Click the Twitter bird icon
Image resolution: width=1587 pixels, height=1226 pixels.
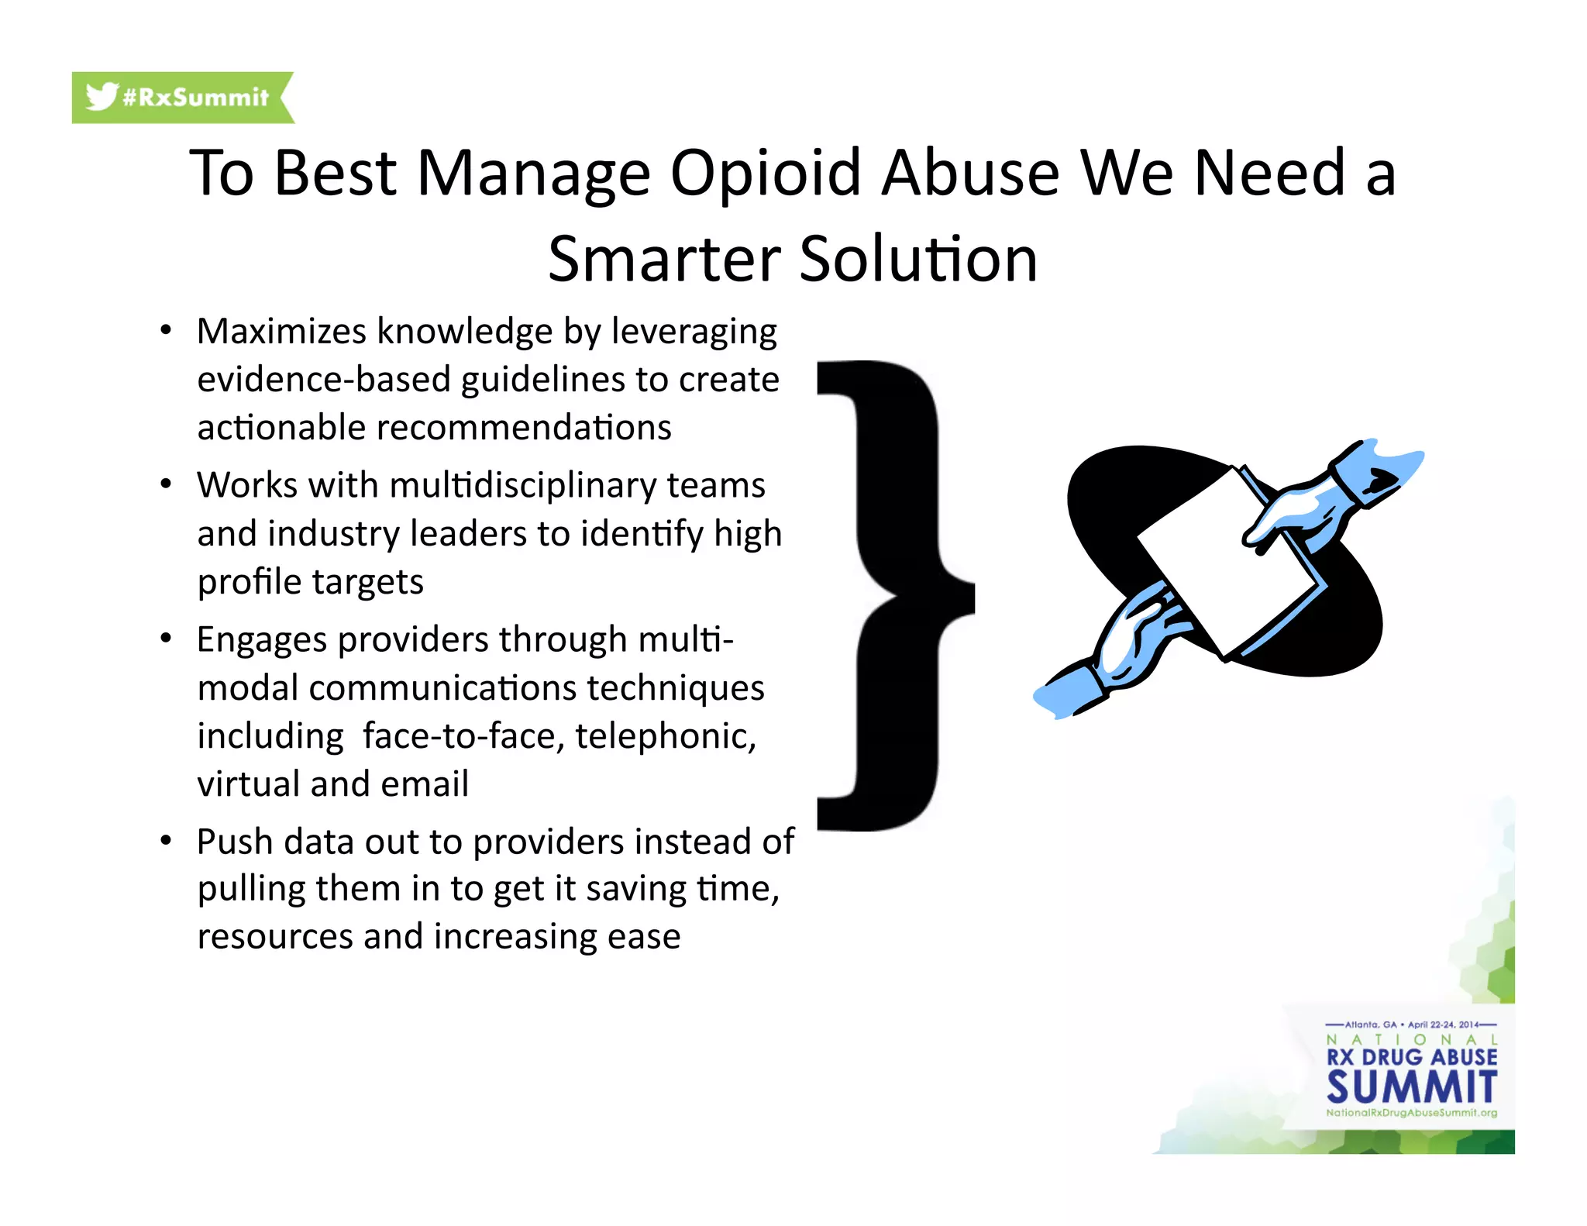pyautogui.click(x=102, y=97)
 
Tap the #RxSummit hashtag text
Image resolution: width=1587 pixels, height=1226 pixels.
pyautogui.click(x=195, y=98)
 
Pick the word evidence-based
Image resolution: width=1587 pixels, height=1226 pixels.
pyautogui.click(x=324, y=380)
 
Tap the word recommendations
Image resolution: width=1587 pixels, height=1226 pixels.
pyautogui.click(x=524, y=428)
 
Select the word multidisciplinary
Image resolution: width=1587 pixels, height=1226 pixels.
pyautogui.click(x=523, y=486)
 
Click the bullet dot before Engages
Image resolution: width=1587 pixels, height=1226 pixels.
pyautogui.click(x=165, y=639)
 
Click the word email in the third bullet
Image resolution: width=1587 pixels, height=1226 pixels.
pyautogui.click(x=425, y=783)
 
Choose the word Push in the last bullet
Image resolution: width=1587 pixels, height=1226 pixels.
pyautogui.click(x=235, y=842)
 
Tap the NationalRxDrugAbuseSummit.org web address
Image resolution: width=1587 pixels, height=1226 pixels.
pyautogui.click(x=1411, y=1113)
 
